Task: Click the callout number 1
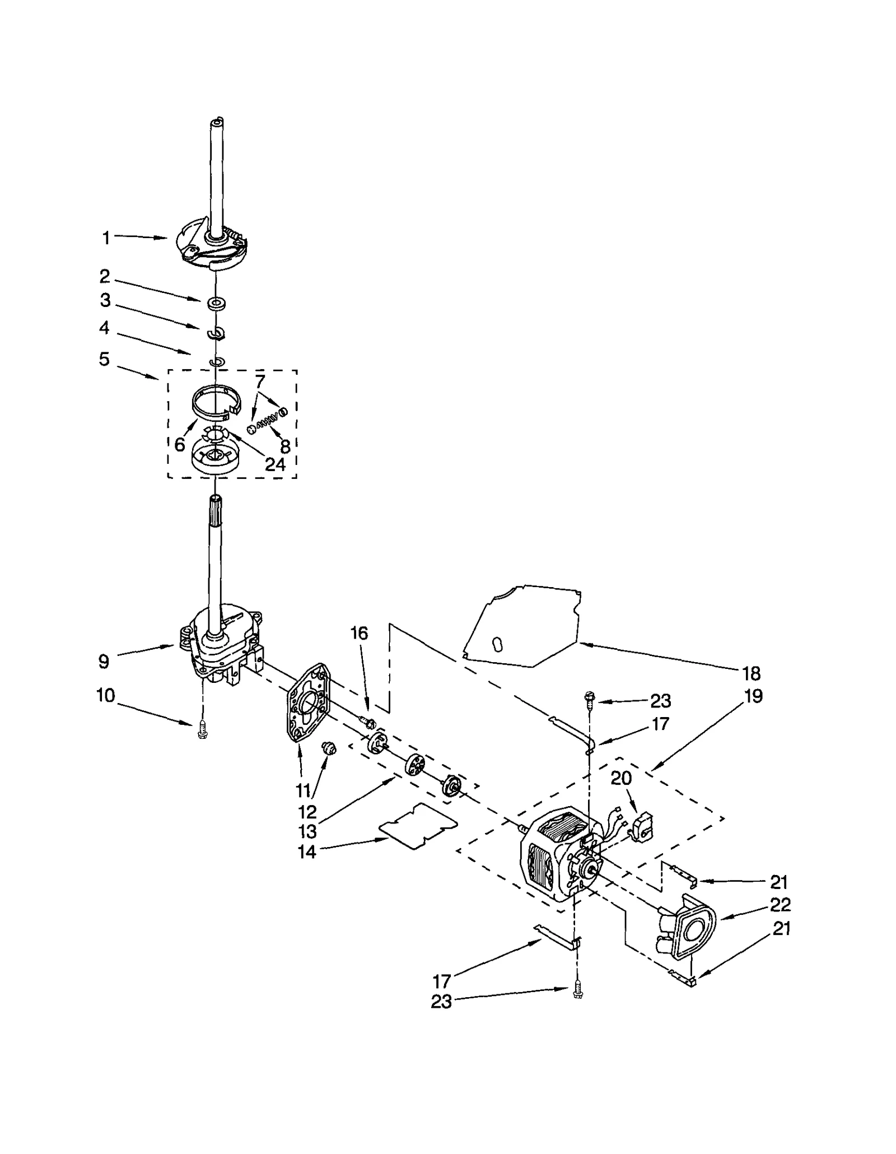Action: click(106, 238)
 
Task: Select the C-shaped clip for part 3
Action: click(216, 334)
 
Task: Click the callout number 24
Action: click(275, 464)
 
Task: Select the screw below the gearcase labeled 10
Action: click(203, 730)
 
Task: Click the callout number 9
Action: click(104, 662)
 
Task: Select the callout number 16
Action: click(359, 633)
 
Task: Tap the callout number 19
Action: click(754, 696)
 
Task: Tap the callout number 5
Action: click(104, 359)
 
